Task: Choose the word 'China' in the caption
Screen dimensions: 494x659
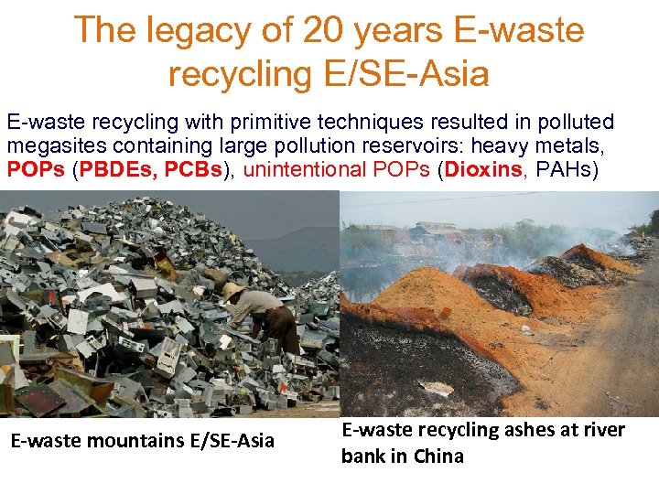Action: click(x=438, y=456)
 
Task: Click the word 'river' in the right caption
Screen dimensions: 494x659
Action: click(x=600, y=430)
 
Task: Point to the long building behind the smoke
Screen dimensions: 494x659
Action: click(x=439, y=230)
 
